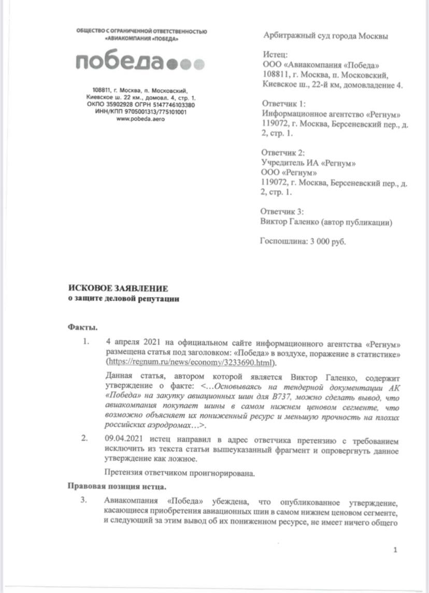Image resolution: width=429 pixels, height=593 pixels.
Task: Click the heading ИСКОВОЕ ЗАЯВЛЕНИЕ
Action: pos(118,289)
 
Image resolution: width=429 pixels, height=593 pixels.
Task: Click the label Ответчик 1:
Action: pos(285,104)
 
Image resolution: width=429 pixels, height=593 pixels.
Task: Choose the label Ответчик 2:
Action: pos(285,153)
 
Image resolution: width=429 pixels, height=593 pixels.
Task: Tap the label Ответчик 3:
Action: pos(285,212)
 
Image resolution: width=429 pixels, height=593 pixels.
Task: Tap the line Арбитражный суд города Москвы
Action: pos(325,36)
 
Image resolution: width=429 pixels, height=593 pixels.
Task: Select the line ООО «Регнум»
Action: pos(291,173)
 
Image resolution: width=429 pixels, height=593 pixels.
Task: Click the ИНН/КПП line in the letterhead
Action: pos(141,112)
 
